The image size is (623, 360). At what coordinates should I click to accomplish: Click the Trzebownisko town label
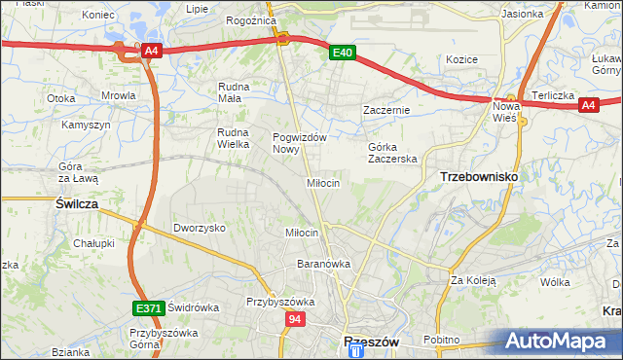pos(479,177)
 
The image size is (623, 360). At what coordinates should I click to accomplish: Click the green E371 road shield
pos(148,308)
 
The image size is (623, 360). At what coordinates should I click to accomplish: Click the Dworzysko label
pos(200,227)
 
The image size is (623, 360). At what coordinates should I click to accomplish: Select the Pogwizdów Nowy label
pos(298,143)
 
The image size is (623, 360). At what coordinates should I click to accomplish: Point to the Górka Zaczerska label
pos(392,153)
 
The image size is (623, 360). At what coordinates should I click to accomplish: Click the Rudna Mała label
pos(235,91)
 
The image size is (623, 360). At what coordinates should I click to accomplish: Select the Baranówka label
pos(323,264)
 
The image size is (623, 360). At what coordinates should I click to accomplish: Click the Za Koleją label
pos(473,281)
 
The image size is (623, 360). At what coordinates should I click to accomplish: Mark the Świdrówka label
pos(194,306)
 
